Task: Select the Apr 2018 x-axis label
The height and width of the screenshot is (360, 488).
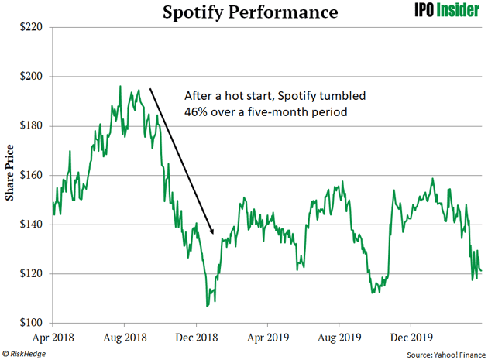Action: point(53,338)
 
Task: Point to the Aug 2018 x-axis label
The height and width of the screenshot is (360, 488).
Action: point(125,338)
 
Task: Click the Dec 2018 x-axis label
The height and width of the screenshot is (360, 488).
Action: point(197,338)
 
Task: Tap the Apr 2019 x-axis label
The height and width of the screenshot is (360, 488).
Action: point(267,338)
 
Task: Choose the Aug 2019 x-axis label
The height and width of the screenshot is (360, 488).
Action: point(339,338)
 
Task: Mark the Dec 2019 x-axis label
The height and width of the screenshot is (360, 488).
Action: point(410,338)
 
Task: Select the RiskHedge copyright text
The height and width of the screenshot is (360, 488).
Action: point(26,353)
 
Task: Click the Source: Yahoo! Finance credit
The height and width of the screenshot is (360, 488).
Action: point(441,353)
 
